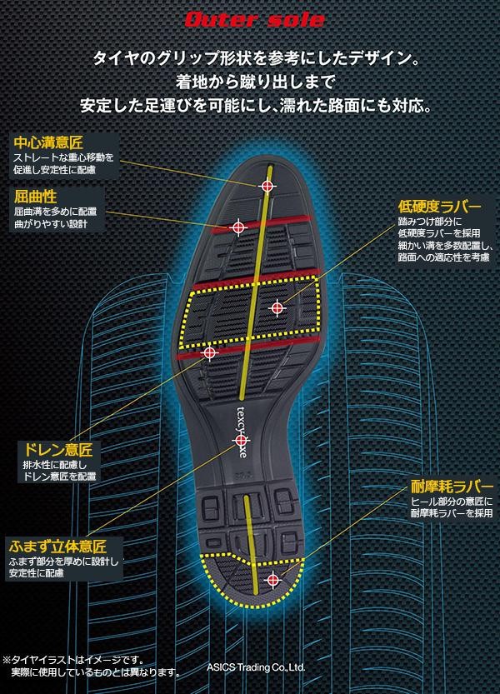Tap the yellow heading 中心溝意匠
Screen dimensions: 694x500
[49, 141]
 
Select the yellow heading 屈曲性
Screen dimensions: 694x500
[35, 196]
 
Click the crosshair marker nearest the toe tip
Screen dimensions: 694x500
[267, 187]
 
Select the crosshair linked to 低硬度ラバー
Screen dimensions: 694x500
[277, 308]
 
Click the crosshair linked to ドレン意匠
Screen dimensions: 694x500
[209, 353]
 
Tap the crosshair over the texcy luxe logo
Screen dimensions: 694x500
[241, 439]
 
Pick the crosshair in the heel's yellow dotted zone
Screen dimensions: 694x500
[272, 579]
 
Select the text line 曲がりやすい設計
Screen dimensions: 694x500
[49, 224]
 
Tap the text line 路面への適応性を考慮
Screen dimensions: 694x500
[443, 258]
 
